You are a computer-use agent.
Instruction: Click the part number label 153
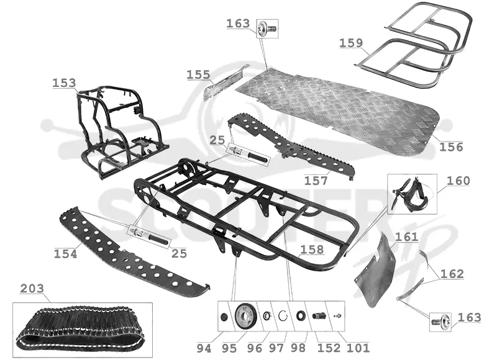pos(64,83)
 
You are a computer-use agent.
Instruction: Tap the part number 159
pos(351,43)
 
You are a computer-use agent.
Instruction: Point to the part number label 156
pos(451,146)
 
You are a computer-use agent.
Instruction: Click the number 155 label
pos(198,75)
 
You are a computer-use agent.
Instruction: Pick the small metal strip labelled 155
pos(226,83)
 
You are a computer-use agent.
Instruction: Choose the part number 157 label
pos(316,181)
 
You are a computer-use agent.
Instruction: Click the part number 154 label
pos(65,254)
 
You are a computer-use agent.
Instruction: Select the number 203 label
pos(32,289)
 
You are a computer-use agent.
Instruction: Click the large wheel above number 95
pos(245,316)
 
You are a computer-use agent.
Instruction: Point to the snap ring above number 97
pos(283,316)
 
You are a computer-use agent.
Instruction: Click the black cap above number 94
pos(224,317)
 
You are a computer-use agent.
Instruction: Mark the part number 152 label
pos(329,348)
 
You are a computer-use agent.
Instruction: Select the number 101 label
pos(358,348)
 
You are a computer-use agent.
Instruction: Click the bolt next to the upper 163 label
pos(268,28)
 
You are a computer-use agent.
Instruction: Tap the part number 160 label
pos(458,181)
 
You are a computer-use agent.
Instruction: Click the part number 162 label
pos(452,274)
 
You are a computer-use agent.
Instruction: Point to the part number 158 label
pos(312,250)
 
